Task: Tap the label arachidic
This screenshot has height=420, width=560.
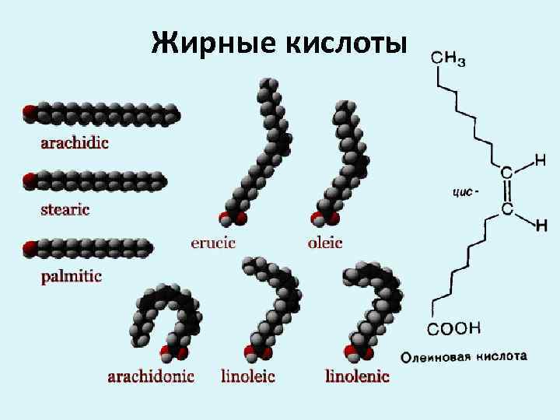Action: click(x=75, y=142)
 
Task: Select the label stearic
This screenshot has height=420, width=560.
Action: click(x=65, y=209)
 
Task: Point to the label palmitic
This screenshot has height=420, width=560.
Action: click(x=71, y=276)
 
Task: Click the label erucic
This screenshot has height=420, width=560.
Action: click(x=213, y=243)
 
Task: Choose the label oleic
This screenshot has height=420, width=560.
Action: click(x=325, y=243)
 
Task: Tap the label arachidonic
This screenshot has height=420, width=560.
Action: click(x=151, y=377)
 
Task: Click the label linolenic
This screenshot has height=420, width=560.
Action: click(x=357, y=377)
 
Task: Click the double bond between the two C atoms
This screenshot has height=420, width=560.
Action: click(x=506, y=190)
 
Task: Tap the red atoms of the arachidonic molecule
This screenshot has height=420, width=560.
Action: click(x=166, y=355)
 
